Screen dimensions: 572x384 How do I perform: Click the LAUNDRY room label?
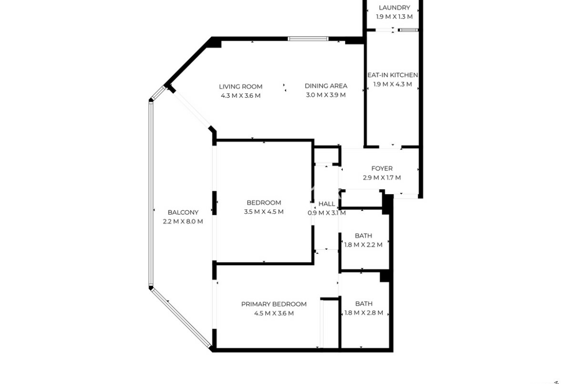click(395, 8)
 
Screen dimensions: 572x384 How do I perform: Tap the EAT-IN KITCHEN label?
click(393, 75)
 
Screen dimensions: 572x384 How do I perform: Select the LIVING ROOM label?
click(241, 87)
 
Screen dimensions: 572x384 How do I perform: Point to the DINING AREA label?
click(326, 86)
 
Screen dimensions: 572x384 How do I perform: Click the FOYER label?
click(382, 169)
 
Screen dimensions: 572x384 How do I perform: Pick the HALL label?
click(327, 204)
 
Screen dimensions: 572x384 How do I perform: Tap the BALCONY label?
click(183, 212)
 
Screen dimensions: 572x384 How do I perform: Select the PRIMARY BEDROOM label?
click(274, 304)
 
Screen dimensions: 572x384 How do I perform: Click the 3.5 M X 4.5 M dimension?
click(264, 212)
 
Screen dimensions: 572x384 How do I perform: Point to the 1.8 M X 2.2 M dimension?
click(363, 245)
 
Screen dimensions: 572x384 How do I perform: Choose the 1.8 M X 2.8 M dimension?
click(364, 313)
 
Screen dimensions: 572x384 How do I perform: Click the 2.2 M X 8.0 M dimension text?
click(183, 222)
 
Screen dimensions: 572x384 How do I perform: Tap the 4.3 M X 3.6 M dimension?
click(241, 96)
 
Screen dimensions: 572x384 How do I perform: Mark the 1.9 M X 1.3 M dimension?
click(395, 17)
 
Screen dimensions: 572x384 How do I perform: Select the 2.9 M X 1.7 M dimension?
click(382, 178)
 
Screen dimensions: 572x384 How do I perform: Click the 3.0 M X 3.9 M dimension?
click(326, 95)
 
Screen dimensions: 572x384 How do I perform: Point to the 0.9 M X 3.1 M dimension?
click(327, 213)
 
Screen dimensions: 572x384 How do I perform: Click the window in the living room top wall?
click(308, 39)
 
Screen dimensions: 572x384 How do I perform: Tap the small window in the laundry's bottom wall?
click(408, 30)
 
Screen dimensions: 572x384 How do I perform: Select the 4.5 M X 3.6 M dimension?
click(274, 313)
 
